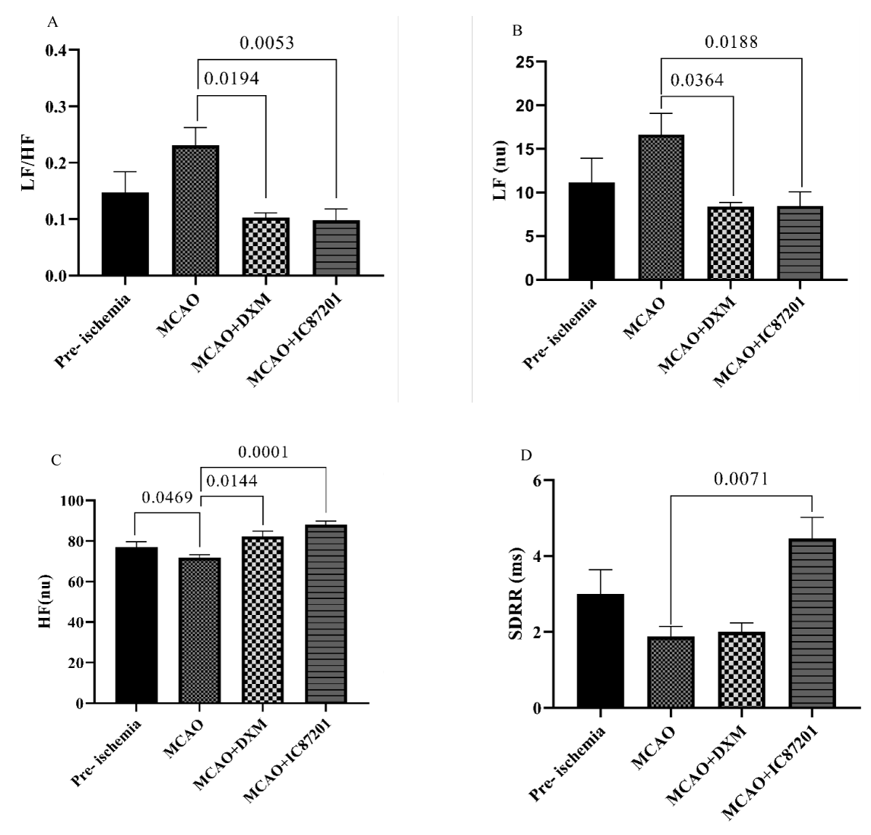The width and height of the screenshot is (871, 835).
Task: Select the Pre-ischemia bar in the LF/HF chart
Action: coord(126,234)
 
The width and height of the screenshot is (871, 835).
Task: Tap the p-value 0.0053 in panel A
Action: coord(267,44)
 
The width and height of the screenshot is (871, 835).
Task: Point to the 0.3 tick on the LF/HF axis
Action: coord(54,107)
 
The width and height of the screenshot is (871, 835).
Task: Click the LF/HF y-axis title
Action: coord(28,163)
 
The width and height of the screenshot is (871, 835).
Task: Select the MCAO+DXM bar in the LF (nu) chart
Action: coord(732,243)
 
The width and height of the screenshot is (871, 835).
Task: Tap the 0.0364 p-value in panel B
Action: coord(696,80)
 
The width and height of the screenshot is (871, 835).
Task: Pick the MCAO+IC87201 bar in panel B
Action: coord(801,243)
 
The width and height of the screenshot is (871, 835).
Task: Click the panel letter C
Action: coord(54,460)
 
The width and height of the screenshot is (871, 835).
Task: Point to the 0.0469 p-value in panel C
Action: coord(167,498)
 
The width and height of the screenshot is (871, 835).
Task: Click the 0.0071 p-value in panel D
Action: coord(740,479)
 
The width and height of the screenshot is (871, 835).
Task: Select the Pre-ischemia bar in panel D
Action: coord(600,651)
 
